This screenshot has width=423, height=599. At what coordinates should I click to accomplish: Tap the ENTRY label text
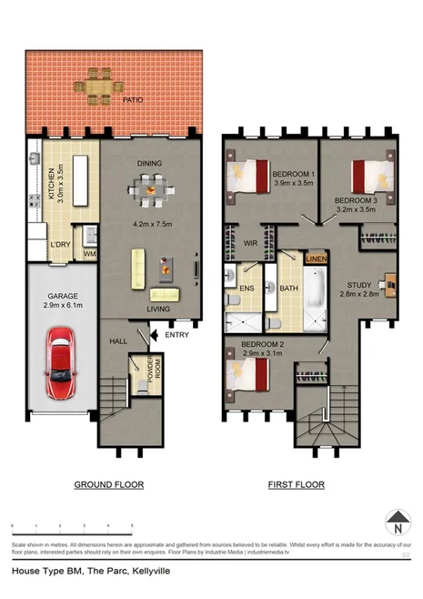(176, 335)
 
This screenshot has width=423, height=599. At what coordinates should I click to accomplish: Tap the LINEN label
(316, 259)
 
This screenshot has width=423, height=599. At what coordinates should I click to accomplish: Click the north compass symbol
(397, 524)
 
